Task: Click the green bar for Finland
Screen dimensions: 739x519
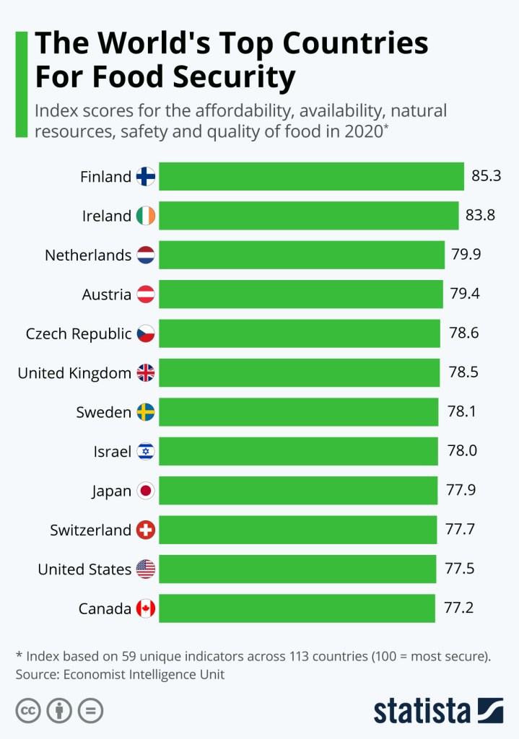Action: click(310, 176)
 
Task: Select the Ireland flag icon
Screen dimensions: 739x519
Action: click(146, 216)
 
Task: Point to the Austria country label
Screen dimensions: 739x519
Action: click(107, 294)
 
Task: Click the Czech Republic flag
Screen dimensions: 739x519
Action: click(146, 333)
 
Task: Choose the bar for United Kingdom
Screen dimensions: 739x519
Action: click(299, 372)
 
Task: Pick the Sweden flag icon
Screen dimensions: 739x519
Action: click(146, 412)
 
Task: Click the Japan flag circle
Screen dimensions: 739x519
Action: click(146, 491)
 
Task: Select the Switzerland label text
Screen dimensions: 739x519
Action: click(90, 530)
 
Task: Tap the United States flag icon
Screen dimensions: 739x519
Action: click(146, 569)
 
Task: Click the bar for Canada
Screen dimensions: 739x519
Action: click(297, 608)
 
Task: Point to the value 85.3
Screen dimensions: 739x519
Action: click(487, 176)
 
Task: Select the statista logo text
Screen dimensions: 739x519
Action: click(422, 710)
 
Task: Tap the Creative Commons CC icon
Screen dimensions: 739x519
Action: click(28, 711)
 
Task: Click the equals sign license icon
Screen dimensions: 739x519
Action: click(91, 711)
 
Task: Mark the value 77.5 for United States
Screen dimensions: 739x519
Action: click(460, 569)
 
